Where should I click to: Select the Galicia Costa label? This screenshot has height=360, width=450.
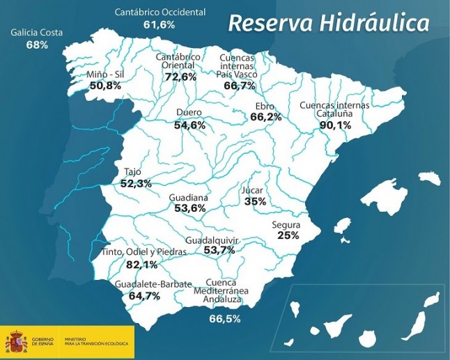[x=37, y=33]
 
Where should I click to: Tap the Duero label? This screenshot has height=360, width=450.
[x=189, y=113]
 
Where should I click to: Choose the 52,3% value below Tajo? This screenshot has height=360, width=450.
[x=136, y=184]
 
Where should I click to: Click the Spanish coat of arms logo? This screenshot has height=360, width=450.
[x=17, y=342]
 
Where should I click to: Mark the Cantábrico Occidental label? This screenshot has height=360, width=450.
[x=160, y=13]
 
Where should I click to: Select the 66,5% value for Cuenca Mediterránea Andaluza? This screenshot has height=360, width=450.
[x=225, y=319]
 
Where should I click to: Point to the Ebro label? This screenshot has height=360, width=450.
[x=265, y=107]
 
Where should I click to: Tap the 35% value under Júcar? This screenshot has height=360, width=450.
[x=255, y=201]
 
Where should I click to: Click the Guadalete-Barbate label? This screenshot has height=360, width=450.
[x=144, y=285]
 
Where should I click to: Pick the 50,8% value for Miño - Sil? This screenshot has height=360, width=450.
[x=105, y=86]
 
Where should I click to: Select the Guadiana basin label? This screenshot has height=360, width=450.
[x=189, y=198]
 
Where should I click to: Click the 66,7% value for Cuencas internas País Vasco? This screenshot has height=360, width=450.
[x=239, y=86]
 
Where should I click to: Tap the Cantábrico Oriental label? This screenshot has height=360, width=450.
[x=179, y=61]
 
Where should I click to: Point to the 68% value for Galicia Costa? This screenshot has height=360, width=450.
[x=37, y=45]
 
